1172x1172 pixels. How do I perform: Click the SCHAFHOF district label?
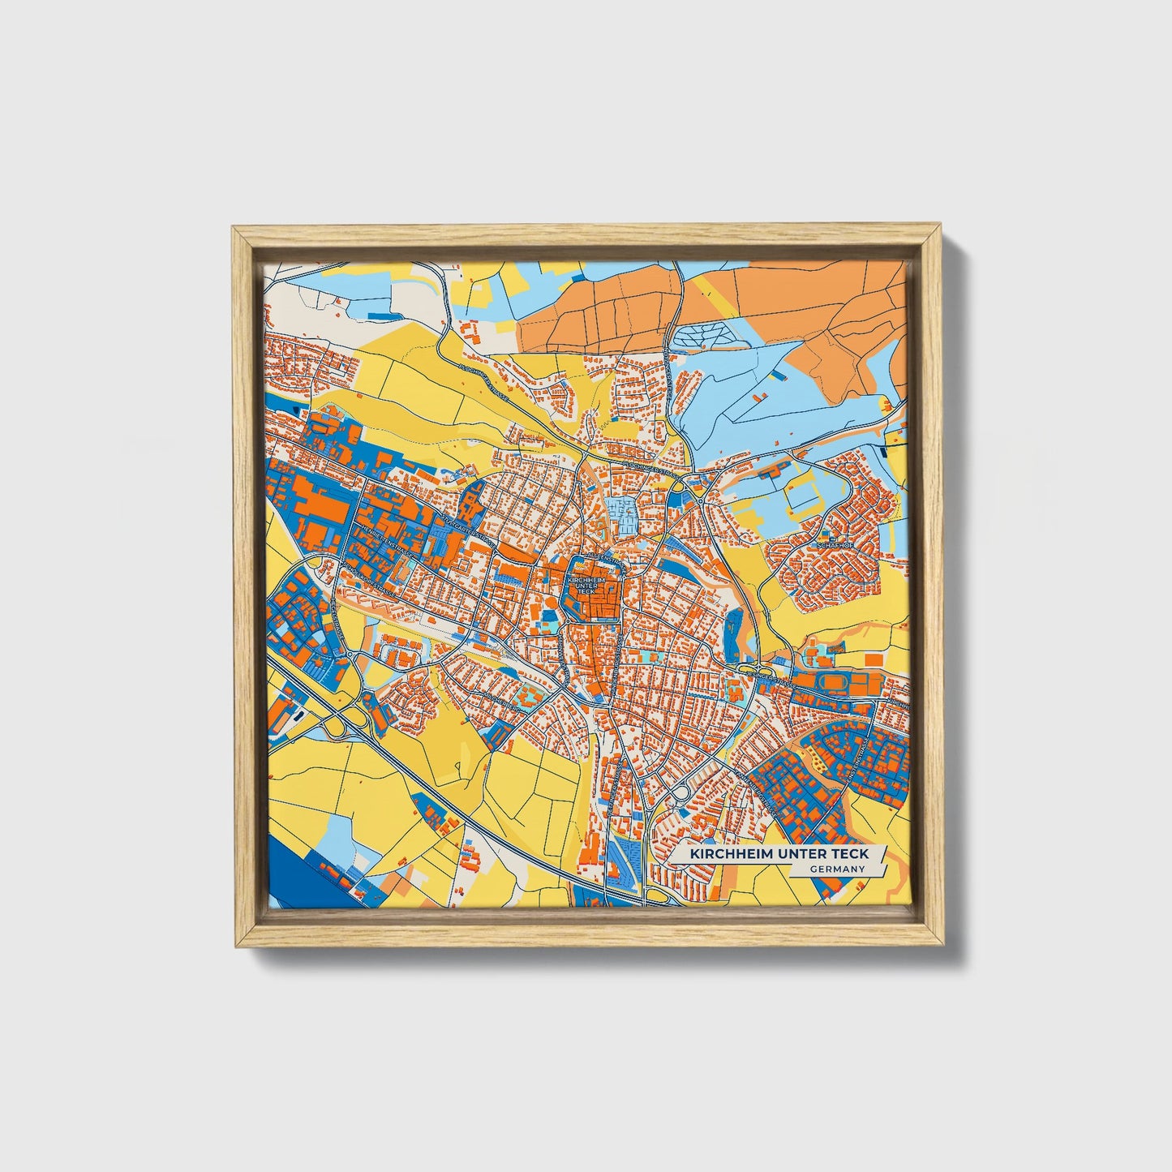[835, 546]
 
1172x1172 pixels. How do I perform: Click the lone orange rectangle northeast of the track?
[873, 659]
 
